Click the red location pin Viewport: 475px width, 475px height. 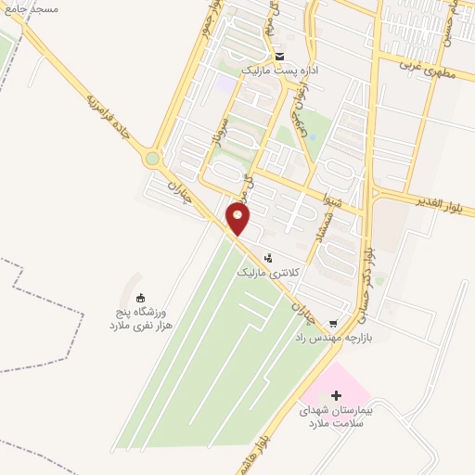[x=239, y=219]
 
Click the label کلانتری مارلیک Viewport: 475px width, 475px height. [x=269, y=272]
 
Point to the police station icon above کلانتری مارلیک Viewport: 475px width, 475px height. [x=269, y=258]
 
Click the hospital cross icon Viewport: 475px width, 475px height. [x=336, y=396]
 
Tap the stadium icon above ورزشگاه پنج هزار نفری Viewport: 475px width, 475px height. [x=140, y=298]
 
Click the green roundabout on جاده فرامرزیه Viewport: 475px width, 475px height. [x=152, y=159]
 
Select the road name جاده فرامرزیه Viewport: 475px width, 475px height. [x=109, y=116]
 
